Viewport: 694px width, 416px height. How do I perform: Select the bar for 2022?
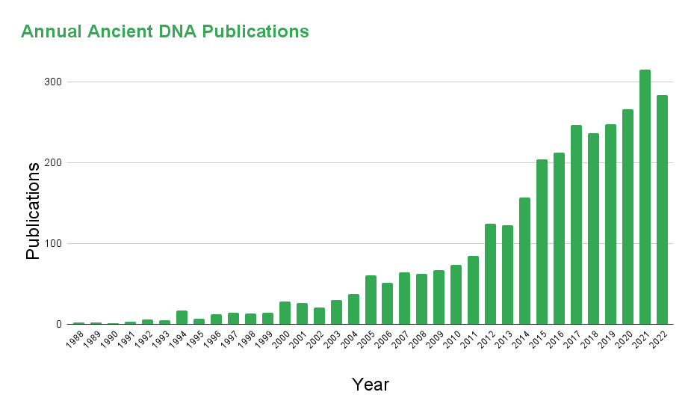click(662, 209)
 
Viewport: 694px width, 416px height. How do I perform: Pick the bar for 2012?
click(490, 274)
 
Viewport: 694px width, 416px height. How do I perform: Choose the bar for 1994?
click(182, 317)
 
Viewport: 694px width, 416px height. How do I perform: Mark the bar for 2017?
click(576, 224)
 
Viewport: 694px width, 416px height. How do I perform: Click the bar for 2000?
click(285, 313)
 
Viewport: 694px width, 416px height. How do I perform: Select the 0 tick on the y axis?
click(57, 324)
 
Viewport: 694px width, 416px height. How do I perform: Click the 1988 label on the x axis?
click(75, 340)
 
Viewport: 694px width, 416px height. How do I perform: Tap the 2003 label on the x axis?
click(332, 340)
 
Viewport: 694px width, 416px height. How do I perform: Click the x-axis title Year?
click(371, 385)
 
